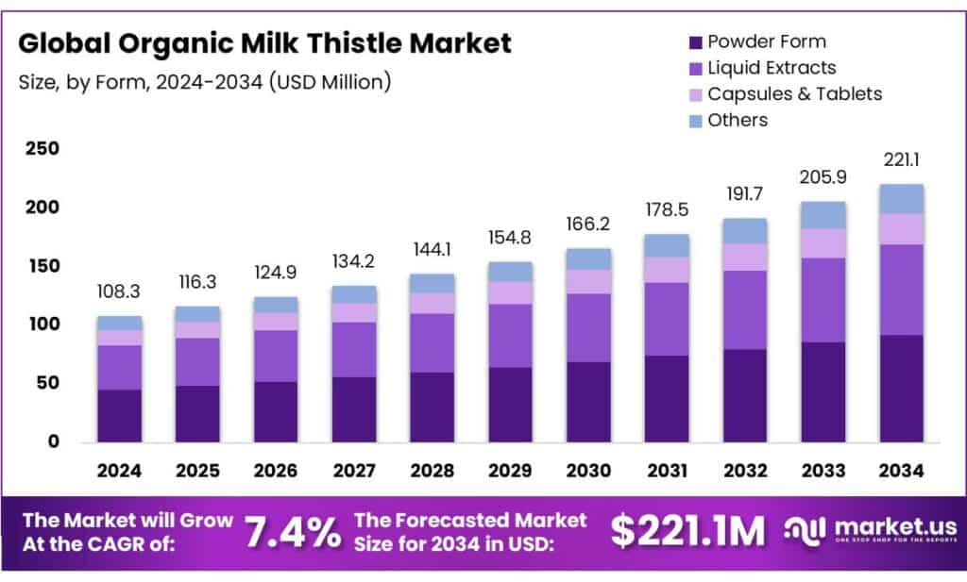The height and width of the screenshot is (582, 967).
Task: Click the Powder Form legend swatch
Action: click(696, 42)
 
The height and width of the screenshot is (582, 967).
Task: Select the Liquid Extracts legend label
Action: click(772, 68)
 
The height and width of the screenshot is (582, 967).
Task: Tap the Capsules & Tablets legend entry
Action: click(794, 94)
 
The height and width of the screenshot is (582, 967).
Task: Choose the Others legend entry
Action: click(738, 120)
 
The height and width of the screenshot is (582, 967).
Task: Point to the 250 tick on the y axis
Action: click(42, 149)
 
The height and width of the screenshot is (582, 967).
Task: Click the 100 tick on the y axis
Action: click(42, 324)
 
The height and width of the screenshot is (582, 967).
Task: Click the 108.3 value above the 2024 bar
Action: click(120, 292)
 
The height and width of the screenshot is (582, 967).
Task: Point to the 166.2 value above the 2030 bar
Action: click(589, 225)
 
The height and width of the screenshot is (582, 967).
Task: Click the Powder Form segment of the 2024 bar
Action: click(120, 416)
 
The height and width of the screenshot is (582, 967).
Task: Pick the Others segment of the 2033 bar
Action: click(823, 215)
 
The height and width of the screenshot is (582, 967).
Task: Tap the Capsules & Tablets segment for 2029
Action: click(511, 292)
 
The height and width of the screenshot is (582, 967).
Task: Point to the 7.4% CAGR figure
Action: click(292, 532)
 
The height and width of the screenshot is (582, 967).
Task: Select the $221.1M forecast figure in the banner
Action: click(687, 532)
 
